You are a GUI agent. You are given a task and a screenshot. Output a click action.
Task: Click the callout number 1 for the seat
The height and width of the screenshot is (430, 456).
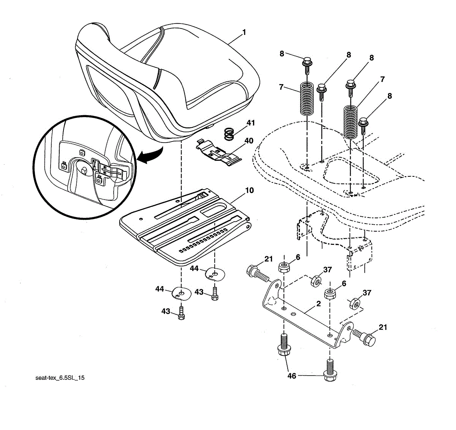click(244, 32)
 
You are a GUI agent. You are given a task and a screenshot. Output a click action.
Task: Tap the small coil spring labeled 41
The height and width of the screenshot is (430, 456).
click(229, 134)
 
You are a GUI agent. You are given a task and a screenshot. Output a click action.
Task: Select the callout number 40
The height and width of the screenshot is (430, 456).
click(249, 141)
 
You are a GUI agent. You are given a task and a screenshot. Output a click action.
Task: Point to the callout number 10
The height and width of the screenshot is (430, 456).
click(249, 190)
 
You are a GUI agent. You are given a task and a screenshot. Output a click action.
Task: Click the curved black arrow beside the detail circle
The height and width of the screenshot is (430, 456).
click(150, 156)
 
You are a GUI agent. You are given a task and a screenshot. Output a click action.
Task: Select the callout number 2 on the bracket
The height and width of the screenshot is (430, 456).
click(318, 304)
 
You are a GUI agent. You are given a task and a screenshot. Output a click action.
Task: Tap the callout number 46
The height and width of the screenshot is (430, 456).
click(291, 376)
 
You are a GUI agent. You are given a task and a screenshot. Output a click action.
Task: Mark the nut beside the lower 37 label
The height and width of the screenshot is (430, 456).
click(354, 303)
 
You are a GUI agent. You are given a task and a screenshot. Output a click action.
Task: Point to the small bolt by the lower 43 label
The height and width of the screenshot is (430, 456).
click(181, 314)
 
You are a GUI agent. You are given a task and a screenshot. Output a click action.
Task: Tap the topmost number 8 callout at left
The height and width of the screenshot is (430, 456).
click(282, 54)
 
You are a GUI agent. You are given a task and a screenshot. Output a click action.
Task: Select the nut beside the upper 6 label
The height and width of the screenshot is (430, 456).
click(283, 267)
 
